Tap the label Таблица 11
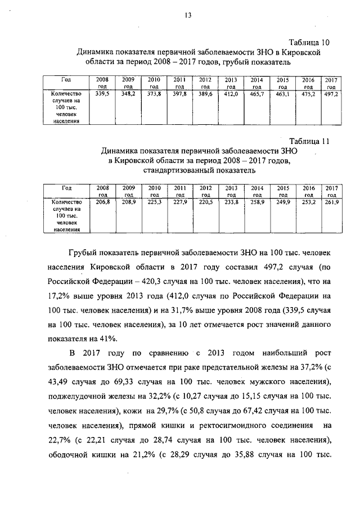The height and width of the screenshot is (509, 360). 309,141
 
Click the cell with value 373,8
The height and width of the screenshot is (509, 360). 154,94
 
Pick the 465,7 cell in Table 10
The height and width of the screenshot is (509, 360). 257,94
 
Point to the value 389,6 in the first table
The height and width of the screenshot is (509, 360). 205,94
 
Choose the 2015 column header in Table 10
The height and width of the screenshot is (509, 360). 283,83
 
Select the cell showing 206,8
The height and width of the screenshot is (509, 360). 103,202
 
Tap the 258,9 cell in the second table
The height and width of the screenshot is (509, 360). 257,202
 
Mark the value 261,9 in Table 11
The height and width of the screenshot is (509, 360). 331,202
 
